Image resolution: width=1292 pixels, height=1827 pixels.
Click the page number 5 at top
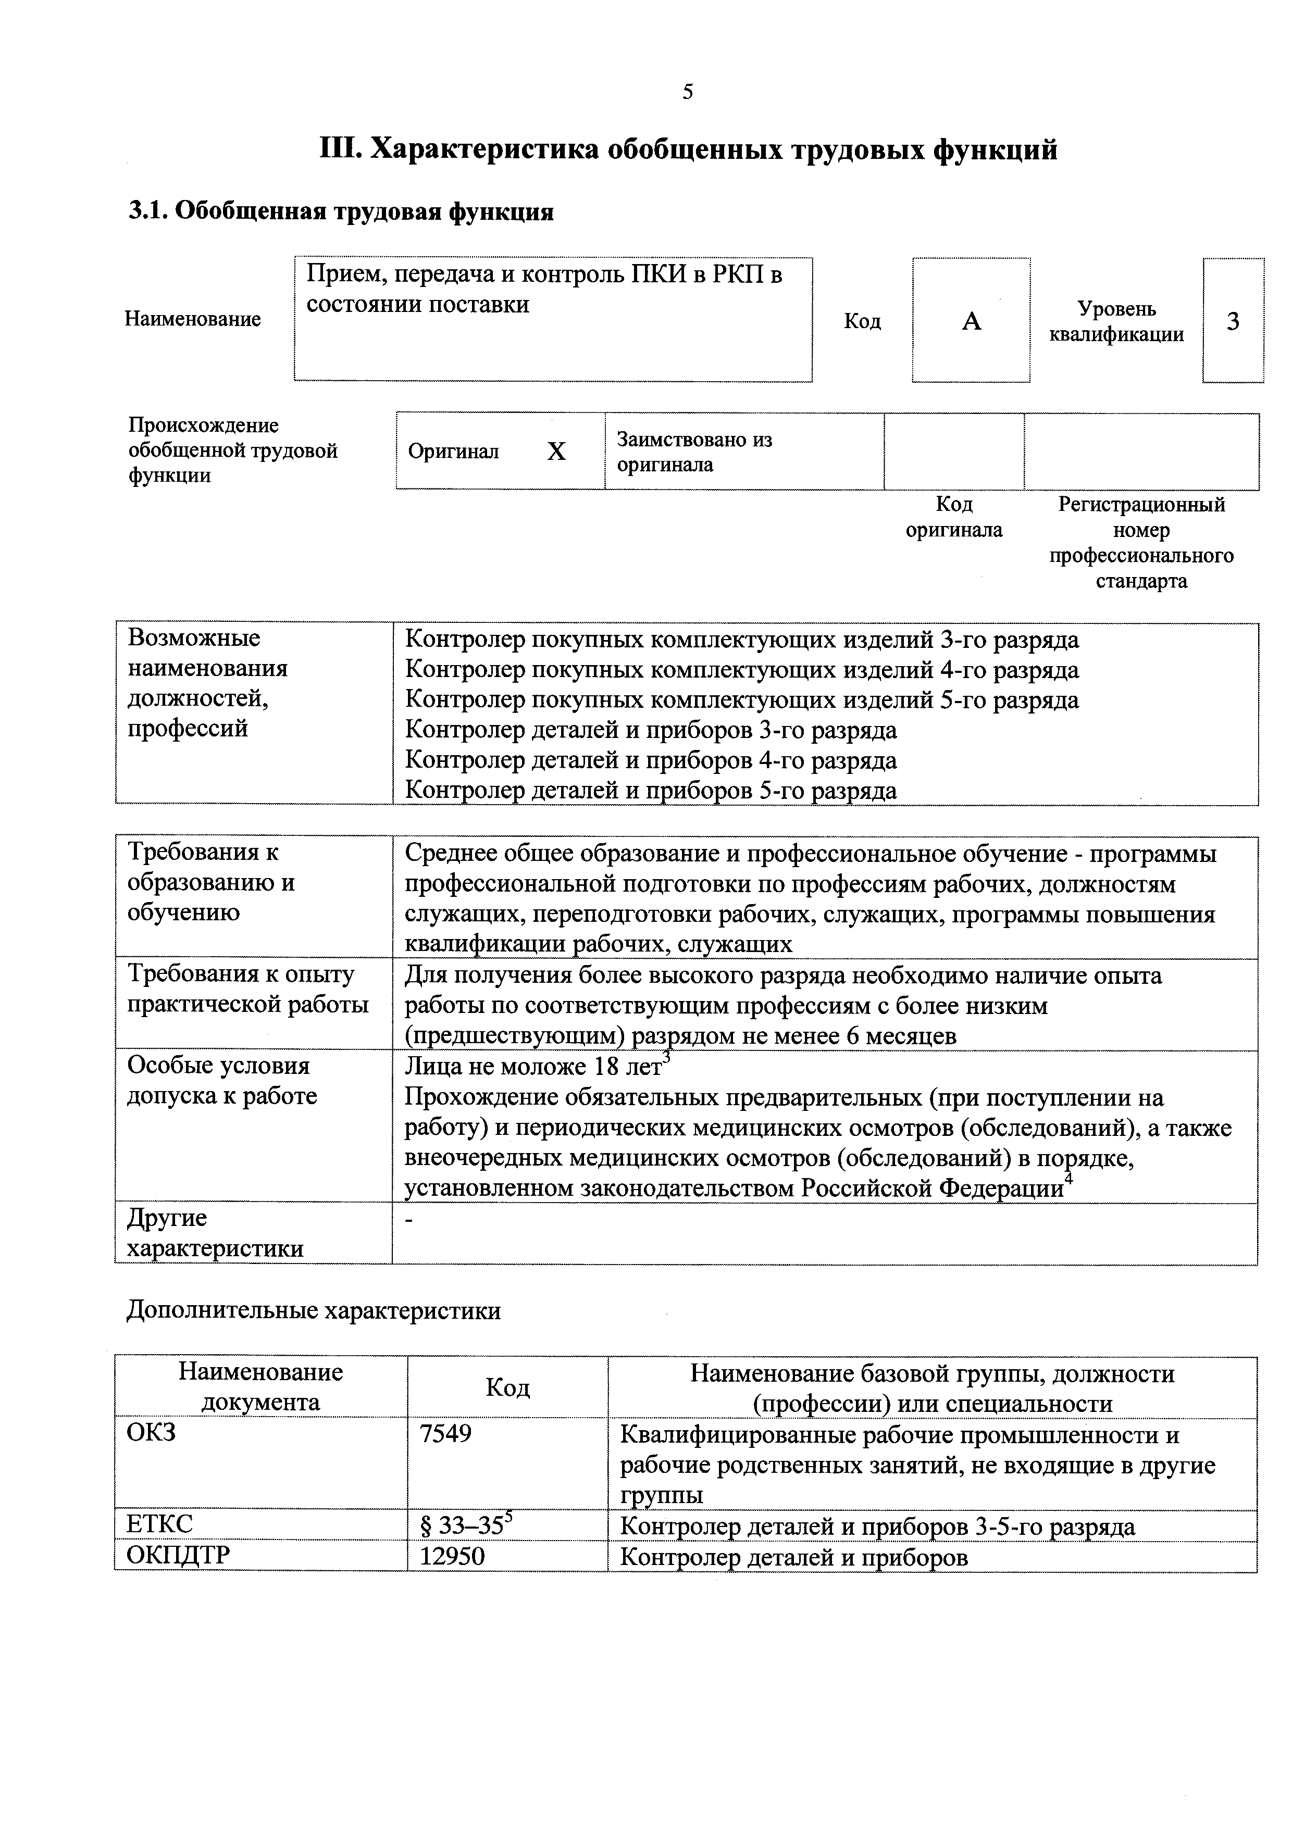(x=688, y=92)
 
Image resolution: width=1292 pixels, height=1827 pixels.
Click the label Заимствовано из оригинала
(x=694, y=452)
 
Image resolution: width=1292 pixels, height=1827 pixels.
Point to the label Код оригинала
(x=954, y=517)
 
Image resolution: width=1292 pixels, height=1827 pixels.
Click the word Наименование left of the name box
(x=193, y=319)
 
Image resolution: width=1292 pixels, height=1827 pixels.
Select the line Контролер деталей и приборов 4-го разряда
(x=651, y=761)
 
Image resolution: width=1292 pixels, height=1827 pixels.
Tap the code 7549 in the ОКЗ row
(x=446, y=1433)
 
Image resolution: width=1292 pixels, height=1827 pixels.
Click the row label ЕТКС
(x=159, y=1524)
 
